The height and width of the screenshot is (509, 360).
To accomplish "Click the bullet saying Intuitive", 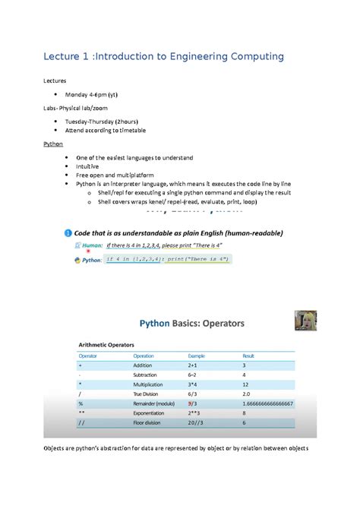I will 87,166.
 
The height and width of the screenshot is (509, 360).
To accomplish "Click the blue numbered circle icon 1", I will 68,232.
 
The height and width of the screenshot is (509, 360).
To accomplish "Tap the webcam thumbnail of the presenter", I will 305,320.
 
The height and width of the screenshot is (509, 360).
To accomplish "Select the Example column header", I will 197,355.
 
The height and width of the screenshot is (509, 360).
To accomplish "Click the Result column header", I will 248,355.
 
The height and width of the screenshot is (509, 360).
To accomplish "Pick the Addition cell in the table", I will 145,365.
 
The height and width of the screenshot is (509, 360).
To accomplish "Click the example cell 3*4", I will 194,384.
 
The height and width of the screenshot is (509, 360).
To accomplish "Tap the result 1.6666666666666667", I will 269,404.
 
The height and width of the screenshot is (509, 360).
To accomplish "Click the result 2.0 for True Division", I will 248,394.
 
